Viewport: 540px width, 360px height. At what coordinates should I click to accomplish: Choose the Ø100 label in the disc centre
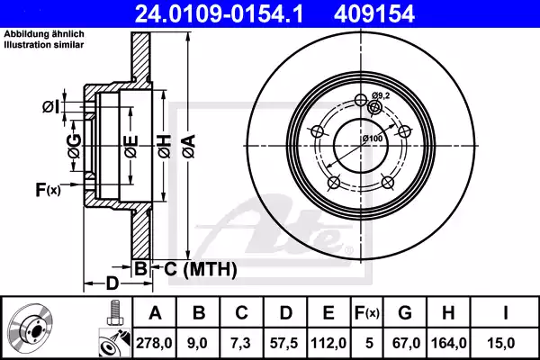point(373,138)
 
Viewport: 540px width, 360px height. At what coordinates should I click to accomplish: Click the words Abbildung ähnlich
point(34,35)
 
